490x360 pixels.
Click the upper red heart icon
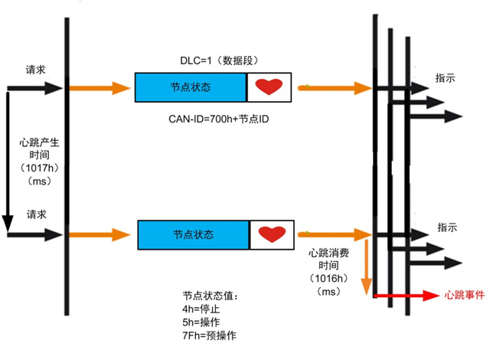pos(269,87)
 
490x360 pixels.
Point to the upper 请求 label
pos(36,70)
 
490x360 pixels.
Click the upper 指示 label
pos(446,79)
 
